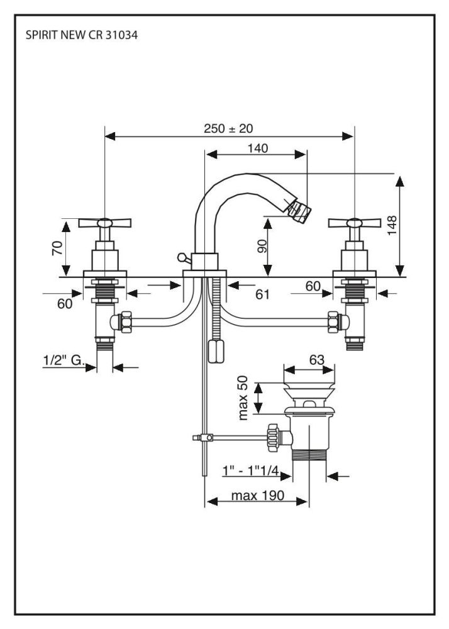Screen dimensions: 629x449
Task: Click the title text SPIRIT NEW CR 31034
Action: [82, 36]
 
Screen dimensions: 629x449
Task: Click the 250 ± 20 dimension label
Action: [228, 128]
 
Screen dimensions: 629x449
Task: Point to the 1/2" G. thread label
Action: [64, 360]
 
